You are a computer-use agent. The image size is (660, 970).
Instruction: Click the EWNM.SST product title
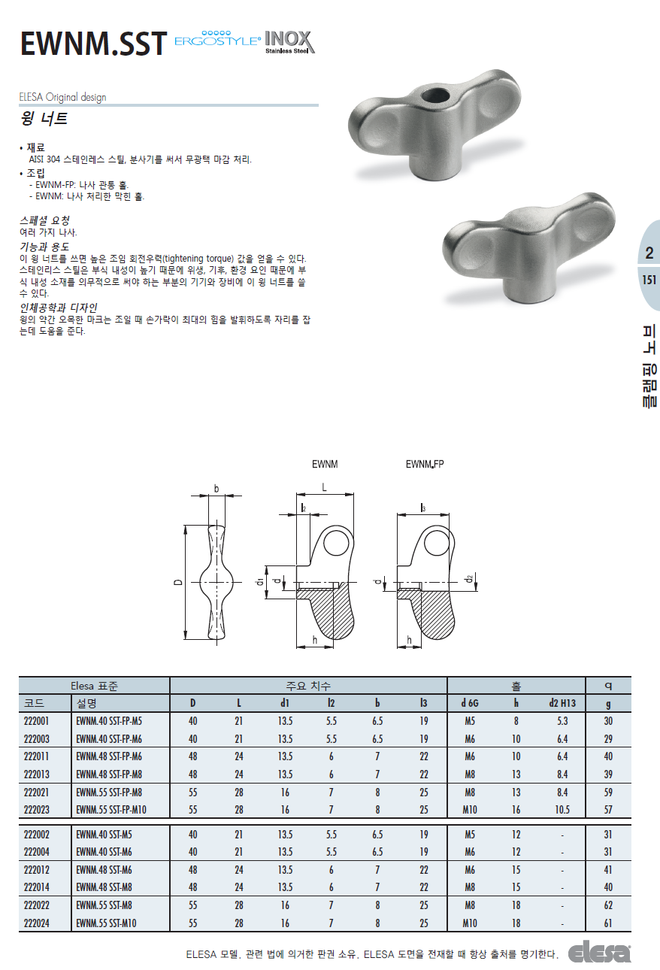click(93, 44)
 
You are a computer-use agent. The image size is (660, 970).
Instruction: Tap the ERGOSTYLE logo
click(218, 39)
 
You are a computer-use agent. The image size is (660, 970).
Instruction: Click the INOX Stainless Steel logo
click(290, 42)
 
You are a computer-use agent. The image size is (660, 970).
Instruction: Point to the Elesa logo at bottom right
click(599, 953)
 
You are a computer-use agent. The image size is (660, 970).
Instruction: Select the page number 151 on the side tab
click(649, 280)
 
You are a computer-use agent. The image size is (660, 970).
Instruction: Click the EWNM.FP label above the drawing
click(425, 464)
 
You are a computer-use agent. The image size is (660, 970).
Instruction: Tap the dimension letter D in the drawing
click(178, 583)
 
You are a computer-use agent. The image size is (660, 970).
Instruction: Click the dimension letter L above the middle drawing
click(324, 488)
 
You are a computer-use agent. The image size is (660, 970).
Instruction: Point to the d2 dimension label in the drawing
click(470, 578)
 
